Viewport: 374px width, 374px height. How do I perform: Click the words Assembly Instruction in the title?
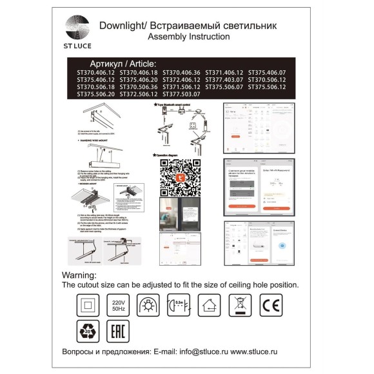pyautogui.click(x=188, y=37)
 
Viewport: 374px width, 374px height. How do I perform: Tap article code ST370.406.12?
pyautogui.click(x=95, y=73)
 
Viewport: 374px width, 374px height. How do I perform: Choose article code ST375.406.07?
pyautogui.click(x=267, y=73)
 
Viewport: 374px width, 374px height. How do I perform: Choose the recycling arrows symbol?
pyautogui.click(x=87, y=331)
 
